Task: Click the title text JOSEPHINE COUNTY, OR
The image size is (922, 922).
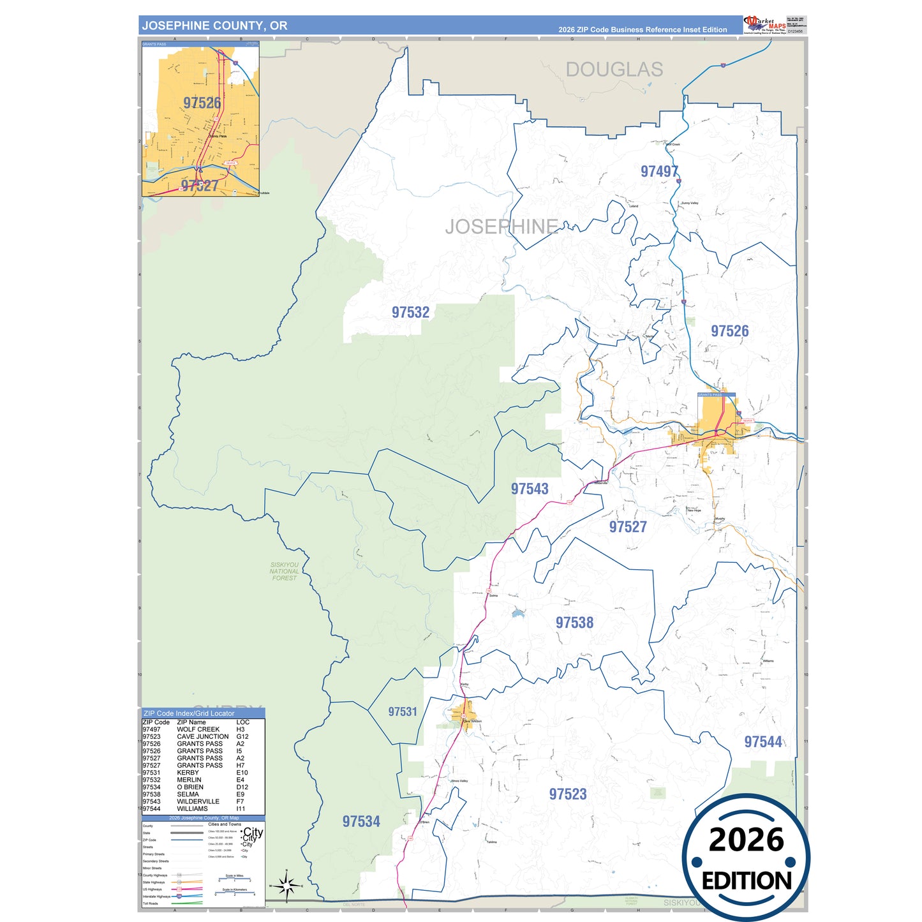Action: (x=214, y=26)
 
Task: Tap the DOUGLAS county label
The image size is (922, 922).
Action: (x=614, y=70)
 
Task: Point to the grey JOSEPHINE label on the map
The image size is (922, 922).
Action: (x=502, y=227)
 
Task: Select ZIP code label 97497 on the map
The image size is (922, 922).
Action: (x=659, y=171)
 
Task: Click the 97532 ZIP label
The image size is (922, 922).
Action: (x=410, y=312)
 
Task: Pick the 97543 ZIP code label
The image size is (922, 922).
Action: (x=529, y=489)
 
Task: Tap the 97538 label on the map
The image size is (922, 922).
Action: (x=574, y=623)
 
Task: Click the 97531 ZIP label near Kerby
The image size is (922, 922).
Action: (x=402, y=711)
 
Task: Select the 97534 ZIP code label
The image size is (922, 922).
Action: (x=361, y=821)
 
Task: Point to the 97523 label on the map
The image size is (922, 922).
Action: (x=568, y=794)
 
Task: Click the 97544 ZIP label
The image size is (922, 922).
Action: (x=763, y=742)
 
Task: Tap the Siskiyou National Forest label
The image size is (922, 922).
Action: (x=284, y=571)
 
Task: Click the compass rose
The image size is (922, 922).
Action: (x=286, y=886)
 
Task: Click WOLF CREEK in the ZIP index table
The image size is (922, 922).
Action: (x=198, y=729)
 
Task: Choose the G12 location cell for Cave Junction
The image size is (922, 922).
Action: (x=242, y=736)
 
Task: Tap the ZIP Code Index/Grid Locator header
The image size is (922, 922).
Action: (x=189, y=713)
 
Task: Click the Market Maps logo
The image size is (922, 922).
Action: (x=765, y=25)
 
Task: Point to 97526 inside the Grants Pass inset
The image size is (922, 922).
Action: (x=202, y=103)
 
